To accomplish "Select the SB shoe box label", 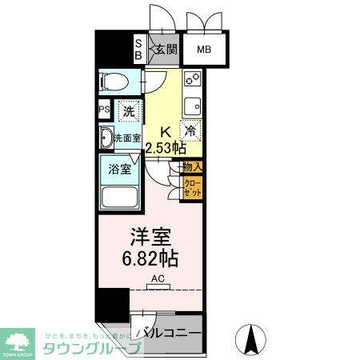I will [x=138, y=50].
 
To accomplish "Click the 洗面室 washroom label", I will [x=126, y=138].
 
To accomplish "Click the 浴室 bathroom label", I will [x=118, y=170].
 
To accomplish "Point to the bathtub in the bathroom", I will [x=120, y=198].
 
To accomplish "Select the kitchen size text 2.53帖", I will [x=166, y=148].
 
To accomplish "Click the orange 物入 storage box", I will [x=192, y=167].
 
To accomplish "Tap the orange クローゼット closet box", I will [x=192, y=189].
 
